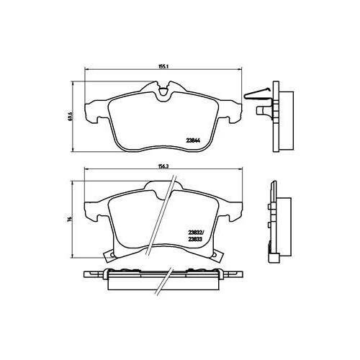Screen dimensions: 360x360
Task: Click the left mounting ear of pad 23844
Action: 91,112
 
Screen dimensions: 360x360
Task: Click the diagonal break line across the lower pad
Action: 168,216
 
